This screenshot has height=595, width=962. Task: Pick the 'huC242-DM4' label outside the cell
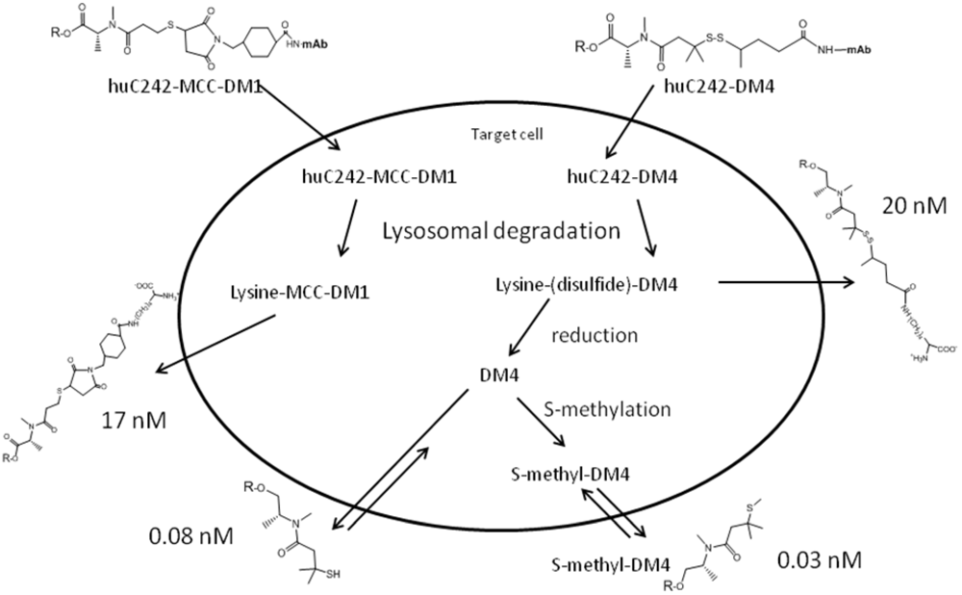709,87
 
